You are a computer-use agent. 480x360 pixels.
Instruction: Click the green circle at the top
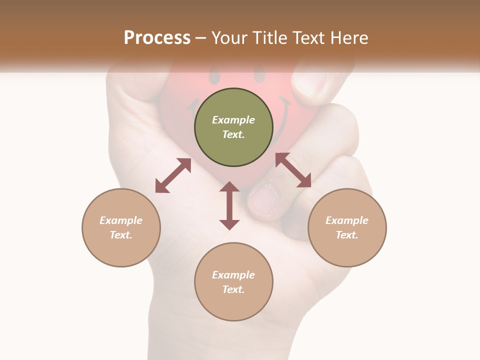tap(233, 127)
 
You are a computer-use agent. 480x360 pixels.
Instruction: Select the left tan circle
tap(121, 227)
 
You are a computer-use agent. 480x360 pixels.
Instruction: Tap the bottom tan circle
tap(233, 281)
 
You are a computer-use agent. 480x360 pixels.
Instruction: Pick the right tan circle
tap(347, 227)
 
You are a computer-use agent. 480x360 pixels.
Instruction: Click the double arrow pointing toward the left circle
tap(173, 175)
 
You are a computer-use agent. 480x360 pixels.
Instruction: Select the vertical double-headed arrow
tap(229, 205)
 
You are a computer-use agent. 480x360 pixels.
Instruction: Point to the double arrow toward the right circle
tap(293, 170)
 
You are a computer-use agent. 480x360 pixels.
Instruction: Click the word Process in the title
tap(157, 37)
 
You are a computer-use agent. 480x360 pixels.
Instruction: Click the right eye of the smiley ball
tap(259, 75)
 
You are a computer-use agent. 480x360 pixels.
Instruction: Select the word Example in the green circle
tap(233, 120)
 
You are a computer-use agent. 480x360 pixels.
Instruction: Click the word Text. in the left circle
tap(121, 235)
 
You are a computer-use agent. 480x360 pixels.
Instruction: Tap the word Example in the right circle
tap(347, 220)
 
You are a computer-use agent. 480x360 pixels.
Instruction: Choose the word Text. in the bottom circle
tap(233, 289)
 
